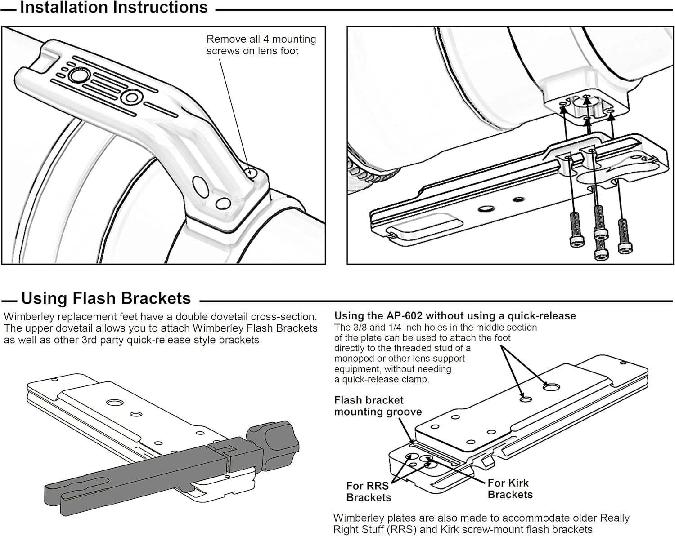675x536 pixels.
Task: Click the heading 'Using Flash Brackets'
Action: tap(106, 298)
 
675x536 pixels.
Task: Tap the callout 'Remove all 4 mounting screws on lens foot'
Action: tap(261, 45)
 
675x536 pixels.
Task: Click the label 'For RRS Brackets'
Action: tap(369, 492)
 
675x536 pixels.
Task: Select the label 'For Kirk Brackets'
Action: tap(510, 489)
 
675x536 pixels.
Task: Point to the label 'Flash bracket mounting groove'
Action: tap(378, 406)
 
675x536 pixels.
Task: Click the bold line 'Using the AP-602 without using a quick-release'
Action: tap(455, 316)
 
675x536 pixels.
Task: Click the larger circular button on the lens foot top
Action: tap(76, 76)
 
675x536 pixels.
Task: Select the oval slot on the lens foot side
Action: tap(200, 187)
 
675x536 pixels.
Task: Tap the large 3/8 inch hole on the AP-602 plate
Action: tap(551, 388)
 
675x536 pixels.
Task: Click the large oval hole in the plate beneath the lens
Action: tap(486, 208)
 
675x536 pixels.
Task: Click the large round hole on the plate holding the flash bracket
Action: tap(115, 402)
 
